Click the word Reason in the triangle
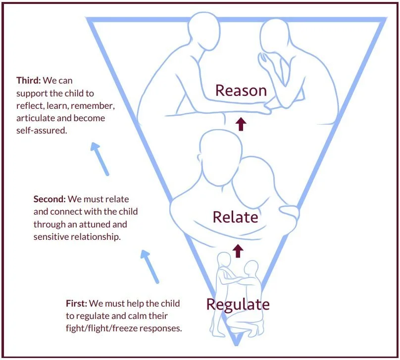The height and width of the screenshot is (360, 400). [x=241, y=90]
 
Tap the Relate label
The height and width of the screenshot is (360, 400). [x=235, y=217]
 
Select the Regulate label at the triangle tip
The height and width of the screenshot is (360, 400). [x=238, y=304]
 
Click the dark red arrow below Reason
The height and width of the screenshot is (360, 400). [x=241, y=124]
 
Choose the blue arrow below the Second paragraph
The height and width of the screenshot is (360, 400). [x=150, y=266]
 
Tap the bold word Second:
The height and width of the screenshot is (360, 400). [x=50, y=199]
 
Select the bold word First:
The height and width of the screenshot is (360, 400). [x=77, y=303]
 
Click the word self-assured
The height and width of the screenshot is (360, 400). [x=42, y=132]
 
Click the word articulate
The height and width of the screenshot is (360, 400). [x=34, y=119]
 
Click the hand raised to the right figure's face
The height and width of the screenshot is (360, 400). [x=266, y=61]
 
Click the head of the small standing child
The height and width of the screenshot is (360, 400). [x=225, y=259]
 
